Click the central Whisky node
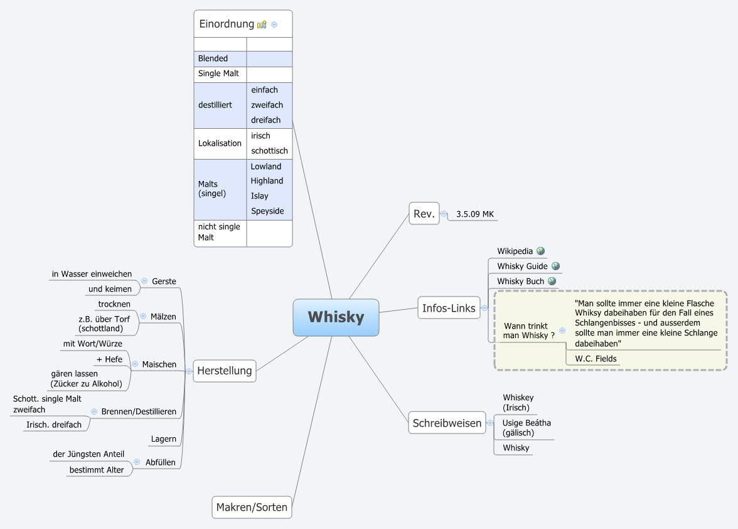click(336, 317)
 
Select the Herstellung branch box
click(224, 371)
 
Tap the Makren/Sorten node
click(252, 507)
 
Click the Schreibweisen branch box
click(447, 423)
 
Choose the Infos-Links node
click(449, 308)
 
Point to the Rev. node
click(424, 214)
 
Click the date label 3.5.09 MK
click(475, 214)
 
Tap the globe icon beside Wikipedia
click(540, 251)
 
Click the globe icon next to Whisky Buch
click(552, 281)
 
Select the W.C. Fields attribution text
click(596, 359)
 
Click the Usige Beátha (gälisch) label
click(526, 428)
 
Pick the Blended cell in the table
click(213, 58)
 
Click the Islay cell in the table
click(259, 196)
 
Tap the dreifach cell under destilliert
click(265, 120)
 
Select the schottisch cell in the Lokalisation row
click(269, 151)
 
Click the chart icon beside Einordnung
click(262, 25)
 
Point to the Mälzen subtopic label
click(163, 316)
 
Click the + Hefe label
click(109, 359)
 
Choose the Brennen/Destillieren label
click(139, 412)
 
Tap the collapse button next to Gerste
click(144, 281)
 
